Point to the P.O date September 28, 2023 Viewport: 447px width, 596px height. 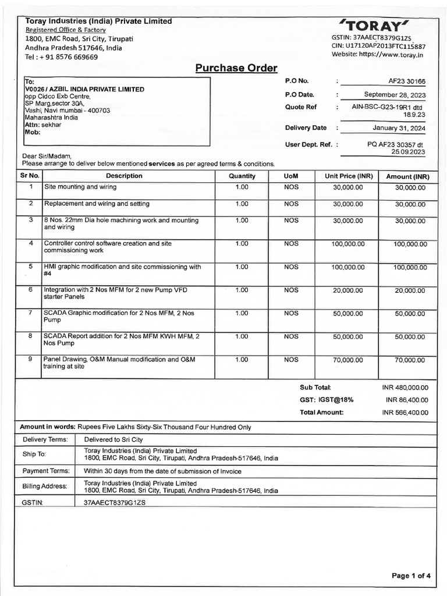[x=395, y=94]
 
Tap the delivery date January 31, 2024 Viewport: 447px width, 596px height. [x=399, y=128]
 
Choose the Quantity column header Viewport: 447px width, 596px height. [x=242, y=176]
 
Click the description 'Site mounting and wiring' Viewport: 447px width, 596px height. [x=80, y=187]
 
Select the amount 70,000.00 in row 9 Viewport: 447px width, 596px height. [x=410, y=360]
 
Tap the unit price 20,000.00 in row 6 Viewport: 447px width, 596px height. [x=347, y=290]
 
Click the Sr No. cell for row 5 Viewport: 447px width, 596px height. [x=30, y=267]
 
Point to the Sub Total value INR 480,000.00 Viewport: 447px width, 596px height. [x=405, y=387]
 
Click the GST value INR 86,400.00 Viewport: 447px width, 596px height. [x=407, y=400]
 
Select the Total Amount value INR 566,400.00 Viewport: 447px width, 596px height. [x=405, y=413]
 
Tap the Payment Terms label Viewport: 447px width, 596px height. [x=45, y=471]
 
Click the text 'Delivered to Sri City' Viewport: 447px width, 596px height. [x=113, y=439]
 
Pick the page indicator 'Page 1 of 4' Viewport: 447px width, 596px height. [x=411, y=576]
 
